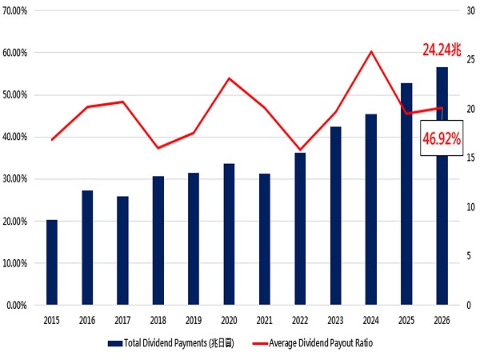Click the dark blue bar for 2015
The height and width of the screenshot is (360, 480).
(x=52, y=262)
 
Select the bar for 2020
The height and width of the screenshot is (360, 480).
(x=229, y=234)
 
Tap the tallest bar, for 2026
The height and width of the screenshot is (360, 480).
(x=442, y=186)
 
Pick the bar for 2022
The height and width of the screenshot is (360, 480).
(x=300, y=229)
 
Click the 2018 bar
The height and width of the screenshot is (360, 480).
(x=158, y=240)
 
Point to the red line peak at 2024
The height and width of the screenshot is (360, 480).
(x=371, y=51)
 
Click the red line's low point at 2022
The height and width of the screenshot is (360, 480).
(x=300, y=150)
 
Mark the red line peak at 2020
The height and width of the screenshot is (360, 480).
(x=229, y=78)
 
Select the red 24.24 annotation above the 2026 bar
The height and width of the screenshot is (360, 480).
(x=442, y=50)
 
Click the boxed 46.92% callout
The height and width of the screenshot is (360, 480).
(x=442, y=138)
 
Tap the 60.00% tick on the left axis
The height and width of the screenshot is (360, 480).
(x=15, y=53)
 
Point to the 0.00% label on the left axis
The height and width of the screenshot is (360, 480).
(x=17, y=306)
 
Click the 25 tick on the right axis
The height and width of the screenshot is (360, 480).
(x=471, y=59)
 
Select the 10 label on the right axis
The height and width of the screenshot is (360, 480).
(x=471, y=207)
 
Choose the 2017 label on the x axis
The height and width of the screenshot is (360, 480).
(x=122, y=321)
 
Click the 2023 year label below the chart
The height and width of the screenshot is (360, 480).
(x=335, y=321)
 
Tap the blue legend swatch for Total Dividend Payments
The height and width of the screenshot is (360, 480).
(x=115, y=343)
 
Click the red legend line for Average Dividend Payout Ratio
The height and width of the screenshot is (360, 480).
(x=261, y=343)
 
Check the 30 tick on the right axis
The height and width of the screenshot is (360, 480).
(x=471, y=10)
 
